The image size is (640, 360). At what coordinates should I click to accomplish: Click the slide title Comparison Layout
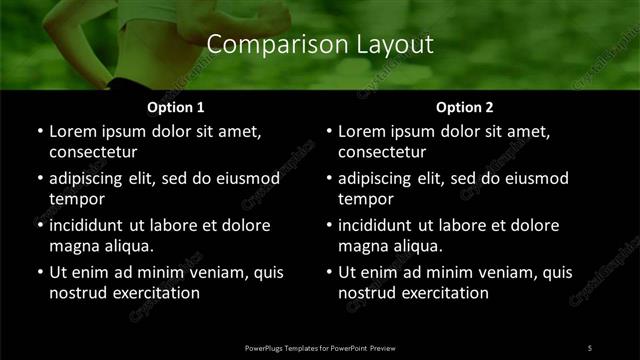[x=320, y=45]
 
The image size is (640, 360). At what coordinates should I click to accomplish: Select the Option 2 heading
[x=465, y=107]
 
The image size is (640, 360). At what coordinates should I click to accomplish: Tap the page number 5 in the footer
[x=590, y=347]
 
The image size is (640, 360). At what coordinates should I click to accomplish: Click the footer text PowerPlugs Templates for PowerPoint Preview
[x=320, y=347]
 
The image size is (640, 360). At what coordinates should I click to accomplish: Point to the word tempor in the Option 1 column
[x=74, y=199]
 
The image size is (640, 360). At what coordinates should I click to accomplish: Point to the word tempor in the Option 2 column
[x=363, y=199]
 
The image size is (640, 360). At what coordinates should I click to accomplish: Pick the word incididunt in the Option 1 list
[x=91, y=225]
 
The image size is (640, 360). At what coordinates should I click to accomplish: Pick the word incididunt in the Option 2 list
[x=380, y=225]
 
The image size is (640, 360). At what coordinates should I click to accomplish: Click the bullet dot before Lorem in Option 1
[x=39, y=132]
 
